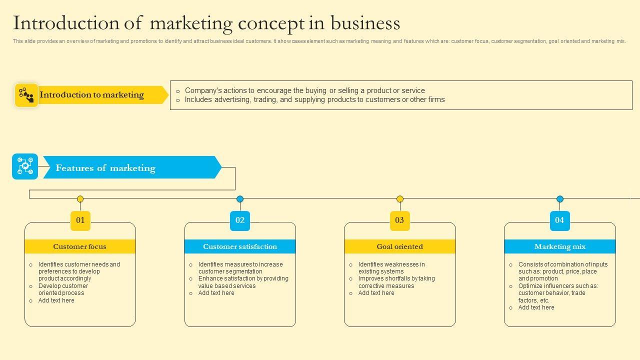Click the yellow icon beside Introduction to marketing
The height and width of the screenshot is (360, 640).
26,95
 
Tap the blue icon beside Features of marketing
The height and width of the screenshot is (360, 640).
25,166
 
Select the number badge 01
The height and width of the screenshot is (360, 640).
80,220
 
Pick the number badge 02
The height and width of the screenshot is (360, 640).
240,220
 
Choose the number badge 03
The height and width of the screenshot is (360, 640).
399,220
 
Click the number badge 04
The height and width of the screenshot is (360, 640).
559,220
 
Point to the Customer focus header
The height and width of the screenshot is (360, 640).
80,246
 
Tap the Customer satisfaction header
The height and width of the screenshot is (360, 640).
240,246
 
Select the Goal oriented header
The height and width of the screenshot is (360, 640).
399,246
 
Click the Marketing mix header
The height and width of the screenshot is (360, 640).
559,246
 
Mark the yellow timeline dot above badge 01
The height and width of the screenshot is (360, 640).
80,199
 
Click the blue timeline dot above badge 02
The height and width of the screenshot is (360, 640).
240,199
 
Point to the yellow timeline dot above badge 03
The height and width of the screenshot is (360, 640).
400,199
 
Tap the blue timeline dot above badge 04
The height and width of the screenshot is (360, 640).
560,199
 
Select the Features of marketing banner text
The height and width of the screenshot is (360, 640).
105,168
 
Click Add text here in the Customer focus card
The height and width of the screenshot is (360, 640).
56,300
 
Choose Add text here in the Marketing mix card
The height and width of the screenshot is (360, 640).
536,307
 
